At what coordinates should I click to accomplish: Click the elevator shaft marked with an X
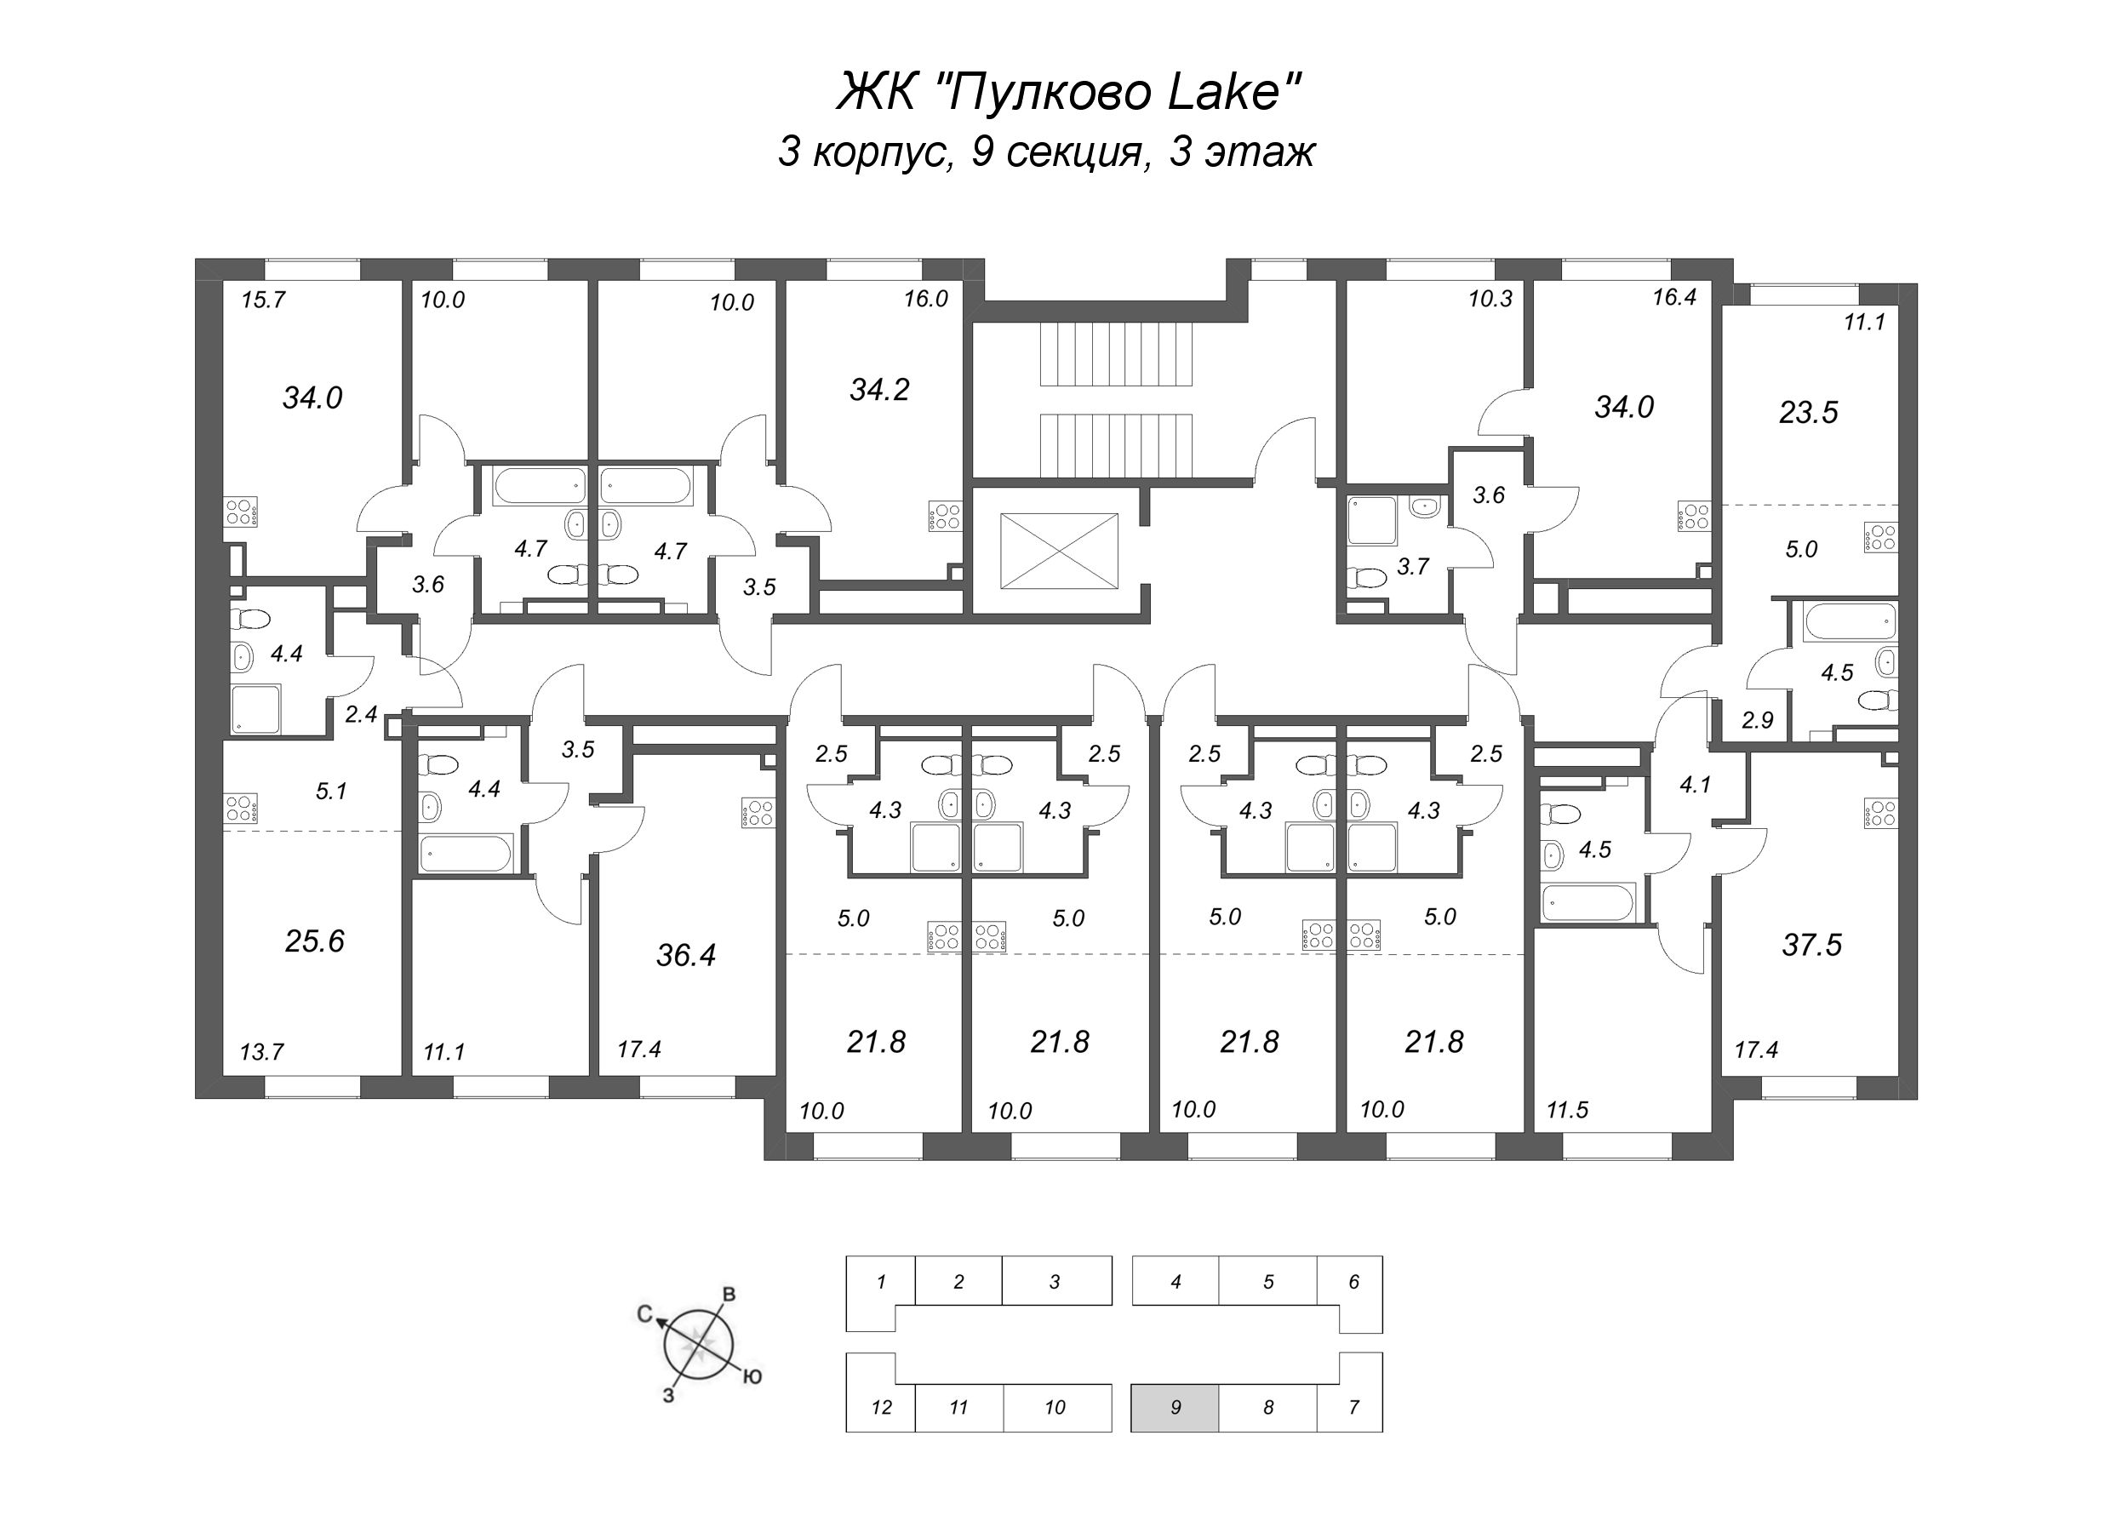coord(1058,551)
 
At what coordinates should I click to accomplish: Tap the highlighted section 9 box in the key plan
coord(1175,1407)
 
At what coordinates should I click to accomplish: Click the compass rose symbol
coord(698,1346)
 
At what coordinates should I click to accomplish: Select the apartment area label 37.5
coord(1811,945)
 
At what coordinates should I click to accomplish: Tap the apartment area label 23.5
coord(1808,412)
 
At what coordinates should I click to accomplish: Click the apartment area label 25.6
coord(315,941)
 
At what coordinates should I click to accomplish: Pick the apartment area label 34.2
coord(878,390)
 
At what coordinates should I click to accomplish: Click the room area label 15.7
coord(262,300)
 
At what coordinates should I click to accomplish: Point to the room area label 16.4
coord(1673,298)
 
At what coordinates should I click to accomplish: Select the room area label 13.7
coord(261,1052)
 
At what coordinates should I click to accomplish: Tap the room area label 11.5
coord(1567,1110)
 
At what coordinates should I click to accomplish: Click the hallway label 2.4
coord(361,715)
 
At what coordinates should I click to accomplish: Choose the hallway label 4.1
coord(1695,785)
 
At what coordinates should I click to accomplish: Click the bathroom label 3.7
coord(1412,566)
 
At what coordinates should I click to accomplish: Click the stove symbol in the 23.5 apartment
coord(1882,538)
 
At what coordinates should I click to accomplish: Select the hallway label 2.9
coord(1757,720)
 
